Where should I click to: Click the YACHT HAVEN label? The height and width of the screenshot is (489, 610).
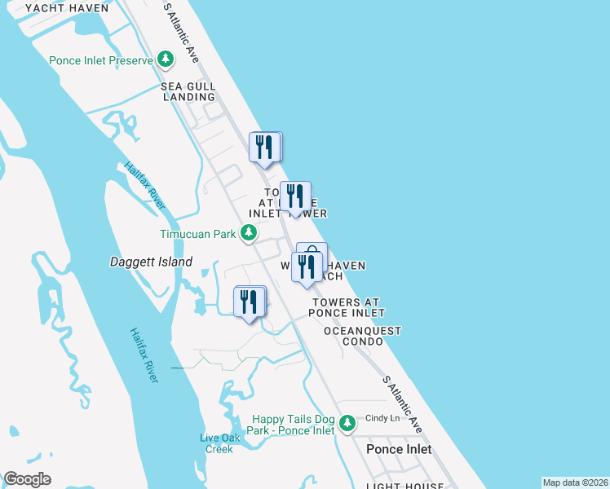click(67, 8)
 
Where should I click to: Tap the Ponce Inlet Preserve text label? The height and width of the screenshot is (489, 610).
click(101, 60)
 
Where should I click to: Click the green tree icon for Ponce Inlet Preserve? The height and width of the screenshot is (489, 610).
click(166, 59)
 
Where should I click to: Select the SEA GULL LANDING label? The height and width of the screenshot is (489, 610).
click(188, 91)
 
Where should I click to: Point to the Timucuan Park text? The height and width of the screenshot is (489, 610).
click(197, 234)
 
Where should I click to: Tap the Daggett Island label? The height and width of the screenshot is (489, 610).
click(151, 262)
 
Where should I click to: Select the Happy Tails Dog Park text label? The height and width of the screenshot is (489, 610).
click(294, 424)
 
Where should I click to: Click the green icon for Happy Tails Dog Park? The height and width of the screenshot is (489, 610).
click(347, 423)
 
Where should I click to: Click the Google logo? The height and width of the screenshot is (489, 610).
click(27, 479)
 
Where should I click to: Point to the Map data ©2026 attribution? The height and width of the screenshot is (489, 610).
click(575, 482)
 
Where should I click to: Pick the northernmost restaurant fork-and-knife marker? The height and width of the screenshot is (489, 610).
click(265, 148)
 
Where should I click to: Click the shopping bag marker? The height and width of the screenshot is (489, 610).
click(312, 254)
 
